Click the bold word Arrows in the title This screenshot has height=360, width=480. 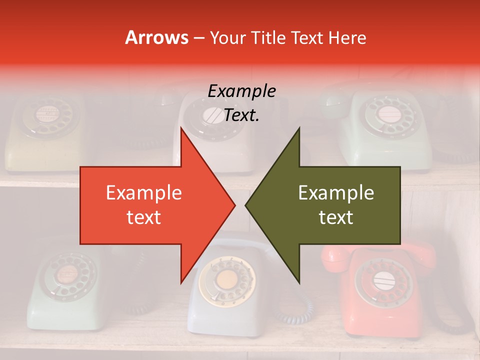pyautogui.click(x=156, y=37)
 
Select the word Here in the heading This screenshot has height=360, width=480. pyautogui.click(x=347, y=37)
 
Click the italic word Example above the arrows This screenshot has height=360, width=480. pyautogui.click(x=241, y=91)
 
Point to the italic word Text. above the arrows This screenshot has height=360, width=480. pyautogui.click(x=241, y=115)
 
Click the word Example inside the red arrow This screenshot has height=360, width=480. pyautogui.click(x=143, y=192)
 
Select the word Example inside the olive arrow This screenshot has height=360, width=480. pyautogui.click(x=336, y=192)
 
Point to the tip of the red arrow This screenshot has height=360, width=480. pyautogui.click(x=234, y=205)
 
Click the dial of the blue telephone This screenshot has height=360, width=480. pyautogui.click(x=226, y=280)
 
